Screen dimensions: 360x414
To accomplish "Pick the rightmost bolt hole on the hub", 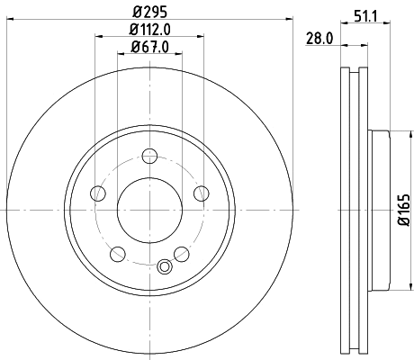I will pyautogui.click(x=200, y=191).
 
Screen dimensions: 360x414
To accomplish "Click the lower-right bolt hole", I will pyautogui.click(x=181, y=251).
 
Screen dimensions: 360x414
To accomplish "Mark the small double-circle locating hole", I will pyautogui.click(x=164, y=266).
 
